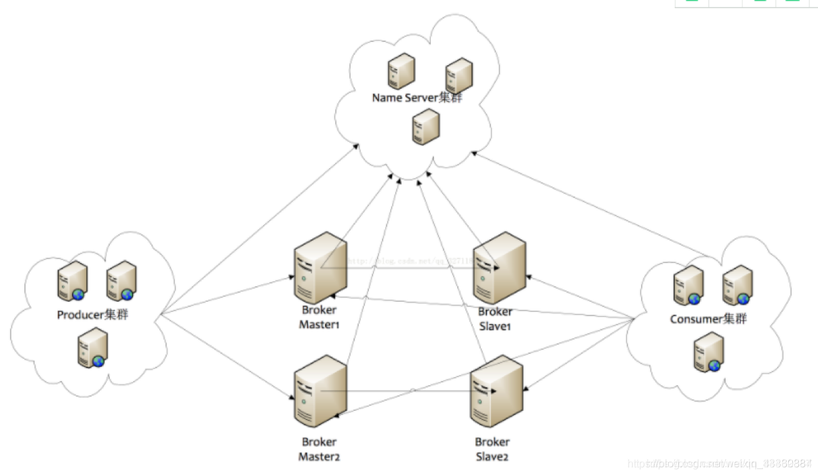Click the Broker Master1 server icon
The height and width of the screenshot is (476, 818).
(x=319, y=267)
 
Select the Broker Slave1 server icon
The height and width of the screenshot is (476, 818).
(x=499, y=267)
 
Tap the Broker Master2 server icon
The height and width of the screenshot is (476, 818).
(x=319, y=391)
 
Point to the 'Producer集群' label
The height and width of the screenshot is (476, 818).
(x=92, y=315)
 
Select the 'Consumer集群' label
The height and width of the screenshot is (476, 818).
(x=708, y=319)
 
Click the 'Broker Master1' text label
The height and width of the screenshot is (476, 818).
(x=319, y=317)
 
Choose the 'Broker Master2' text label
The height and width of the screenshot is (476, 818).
(x=319, y=450)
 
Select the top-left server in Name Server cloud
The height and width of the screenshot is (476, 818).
(x=401, y=71)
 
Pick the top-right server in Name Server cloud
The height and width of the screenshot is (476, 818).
(x=459, y=75)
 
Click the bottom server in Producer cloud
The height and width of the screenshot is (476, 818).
(x=93, y=349)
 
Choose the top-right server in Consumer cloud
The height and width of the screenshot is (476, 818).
(x=736, y=284)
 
